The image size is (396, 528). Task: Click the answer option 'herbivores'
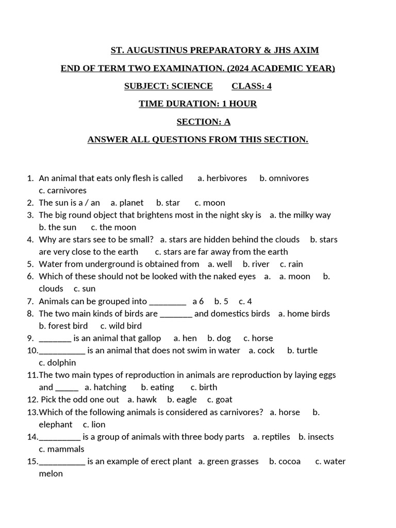(x=226, y=178)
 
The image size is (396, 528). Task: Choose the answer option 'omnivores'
(x=289, y=178)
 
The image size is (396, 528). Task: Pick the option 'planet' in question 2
(x=131, y=203)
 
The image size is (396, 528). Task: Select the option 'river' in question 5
(x=260, y=264)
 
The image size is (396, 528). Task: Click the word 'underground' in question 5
(x=129, y=264)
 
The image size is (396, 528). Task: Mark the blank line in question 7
(x=167, y=302)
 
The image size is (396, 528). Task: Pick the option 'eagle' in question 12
(x=186, y=400)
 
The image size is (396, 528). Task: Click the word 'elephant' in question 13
(x=56, y=424)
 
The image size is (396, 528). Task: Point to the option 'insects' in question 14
(x=321, y=437)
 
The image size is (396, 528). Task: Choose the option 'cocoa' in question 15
(x=289, y=461)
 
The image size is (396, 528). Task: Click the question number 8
(x=30, y=313)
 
